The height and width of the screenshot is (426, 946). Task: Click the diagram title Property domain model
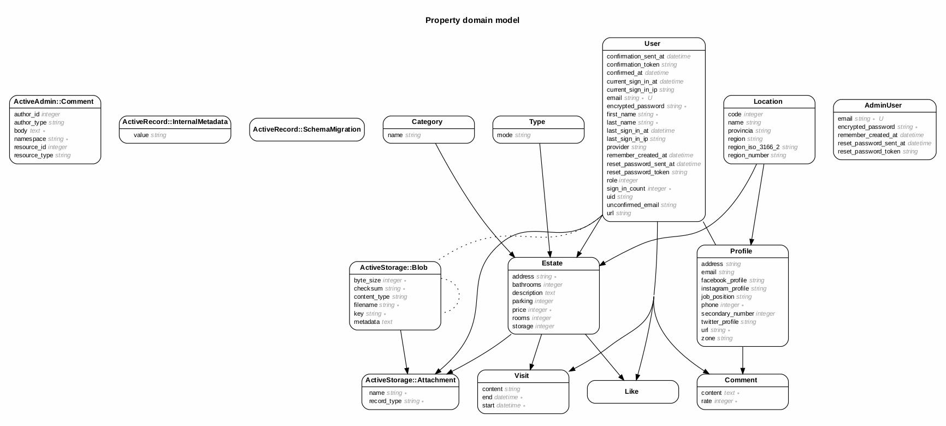[x=472, y=20]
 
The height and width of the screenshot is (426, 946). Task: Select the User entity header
[x=652, y=44]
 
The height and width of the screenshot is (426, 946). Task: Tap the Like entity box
[x=632, y=392]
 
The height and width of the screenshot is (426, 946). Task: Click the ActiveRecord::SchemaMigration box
[x=306, y=129]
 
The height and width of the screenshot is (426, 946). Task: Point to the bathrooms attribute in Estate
[x=527, y=285]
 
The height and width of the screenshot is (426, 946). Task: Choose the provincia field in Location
[x=741, y=131]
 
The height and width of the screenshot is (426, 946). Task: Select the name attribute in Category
[x=395, y=135]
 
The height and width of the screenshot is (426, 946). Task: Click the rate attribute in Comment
[x=707, y=401]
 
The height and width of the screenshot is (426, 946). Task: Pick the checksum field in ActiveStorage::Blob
[x=368, y=288]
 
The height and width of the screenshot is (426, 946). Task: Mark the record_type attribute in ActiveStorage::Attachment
[x=385, y=401]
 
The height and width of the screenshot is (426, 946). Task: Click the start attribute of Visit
[x=488, y=405]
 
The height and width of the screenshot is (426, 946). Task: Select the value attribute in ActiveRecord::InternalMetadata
[x=141, y=135]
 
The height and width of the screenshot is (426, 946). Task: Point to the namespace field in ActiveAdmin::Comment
[x=30, y=139]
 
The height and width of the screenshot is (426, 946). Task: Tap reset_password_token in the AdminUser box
[x=868, y=151]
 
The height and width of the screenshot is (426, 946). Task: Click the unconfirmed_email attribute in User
[x=632, y=205]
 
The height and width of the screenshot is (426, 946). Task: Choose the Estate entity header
[x=552, y=263]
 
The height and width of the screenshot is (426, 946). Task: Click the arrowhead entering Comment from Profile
[x=742, y=370]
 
